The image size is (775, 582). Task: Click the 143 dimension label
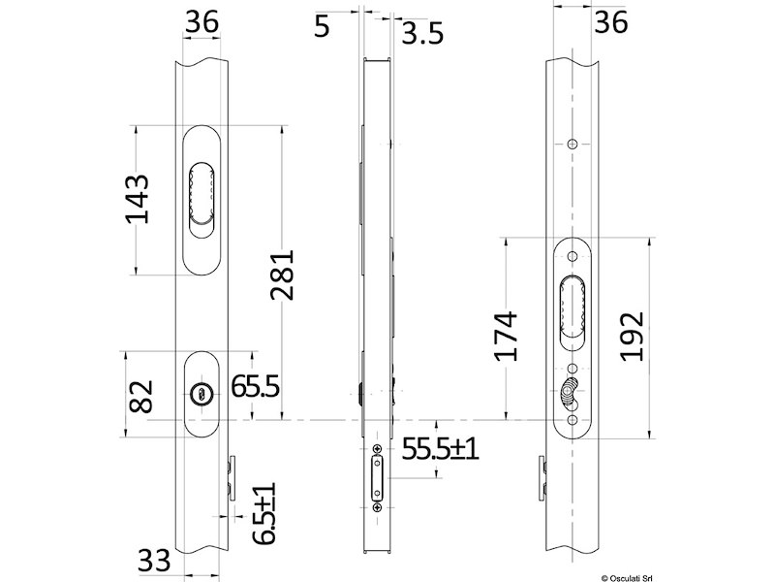[x=137, y=199]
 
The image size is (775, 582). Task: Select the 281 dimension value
[x=282, y=275]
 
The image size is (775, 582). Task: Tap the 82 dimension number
[x=140, y=397]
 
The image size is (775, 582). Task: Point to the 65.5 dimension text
[x=256, y=386]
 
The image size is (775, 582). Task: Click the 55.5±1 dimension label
[x=440, y=449]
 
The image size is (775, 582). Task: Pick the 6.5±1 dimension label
[x=263, y=514]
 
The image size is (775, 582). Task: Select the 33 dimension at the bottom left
[x=154, y=561]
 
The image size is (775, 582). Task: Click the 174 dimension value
[x=506, y=336]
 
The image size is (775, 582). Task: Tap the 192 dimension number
[x=633, y=336]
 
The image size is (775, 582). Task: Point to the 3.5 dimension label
[x=422, y=34]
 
